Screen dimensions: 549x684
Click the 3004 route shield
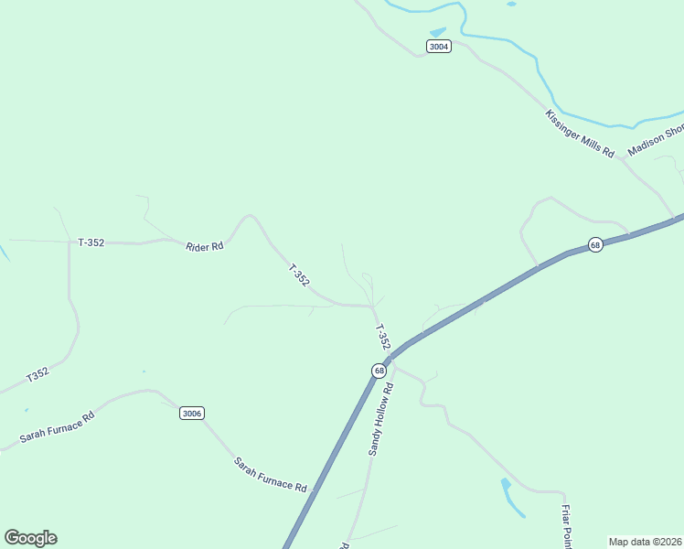439,46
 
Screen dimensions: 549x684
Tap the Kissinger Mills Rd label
580,134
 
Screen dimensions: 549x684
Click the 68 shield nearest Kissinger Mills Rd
595,245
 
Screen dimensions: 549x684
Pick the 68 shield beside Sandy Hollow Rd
379,371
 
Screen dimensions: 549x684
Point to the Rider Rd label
205,246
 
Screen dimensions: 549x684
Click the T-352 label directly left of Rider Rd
91,242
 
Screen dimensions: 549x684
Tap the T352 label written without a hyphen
37,375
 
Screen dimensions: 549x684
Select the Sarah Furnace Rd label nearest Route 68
271,474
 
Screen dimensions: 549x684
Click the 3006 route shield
191,414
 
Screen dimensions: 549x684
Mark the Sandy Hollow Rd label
380,419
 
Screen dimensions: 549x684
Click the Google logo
30,538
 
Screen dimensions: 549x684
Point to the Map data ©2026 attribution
646,542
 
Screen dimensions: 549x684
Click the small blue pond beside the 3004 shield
438,32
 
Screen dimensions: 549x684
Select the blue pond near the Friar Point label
508,494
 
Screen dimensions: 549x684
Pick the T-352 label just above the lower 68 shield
382,336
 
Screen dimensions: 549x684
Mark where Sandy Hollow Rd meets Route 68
390,360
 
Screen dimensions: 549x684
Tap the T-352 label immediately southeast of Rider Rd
299,276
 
